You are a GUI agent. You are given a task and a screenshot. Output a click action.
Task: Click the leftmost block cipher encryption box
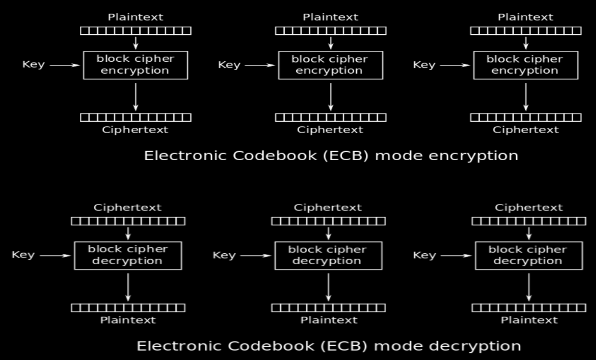135,65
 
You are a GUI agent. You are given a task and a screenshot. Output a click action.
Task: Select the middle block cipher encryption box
331,65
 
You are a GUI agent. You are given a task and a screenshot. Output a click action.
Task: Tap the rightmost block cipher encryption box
526,65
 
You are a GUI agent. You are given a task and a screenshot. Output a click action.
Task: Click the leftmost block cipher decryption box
128,255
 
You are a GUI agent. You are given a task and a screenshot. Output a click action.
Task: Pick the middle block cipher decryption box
328,255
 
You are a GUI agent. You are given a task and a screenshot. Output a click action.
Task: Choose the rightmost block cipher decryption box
529,255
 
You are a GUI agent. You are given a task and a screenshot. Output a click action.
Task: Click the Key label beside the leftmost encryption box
33,65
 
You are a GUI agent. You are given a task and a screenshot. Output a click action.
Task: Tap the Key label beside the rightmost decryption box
424,255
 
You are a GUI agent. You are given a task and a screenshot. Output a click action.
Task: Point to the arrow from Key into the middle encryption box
259,66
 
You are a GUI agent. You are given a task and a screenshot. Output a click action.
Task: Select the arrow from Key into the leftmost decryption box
55,256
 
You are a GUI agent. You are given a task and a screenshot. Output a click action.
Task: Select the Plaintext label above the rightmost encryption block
525,17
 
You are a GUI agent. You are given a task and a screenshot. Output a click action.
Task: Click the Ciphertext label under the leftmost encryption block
135,130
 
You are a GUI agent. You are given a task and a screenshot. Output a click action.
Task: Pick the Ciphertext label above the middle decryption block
328,207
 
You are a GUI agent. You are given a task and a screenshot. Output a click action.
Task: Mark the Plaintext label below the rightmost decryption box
529,320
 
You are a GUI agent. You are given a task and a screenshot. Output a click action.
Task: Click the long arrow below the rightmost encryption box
526,97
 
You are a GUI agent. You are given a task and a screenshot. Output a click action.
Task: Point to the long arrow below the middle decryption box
328,287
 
